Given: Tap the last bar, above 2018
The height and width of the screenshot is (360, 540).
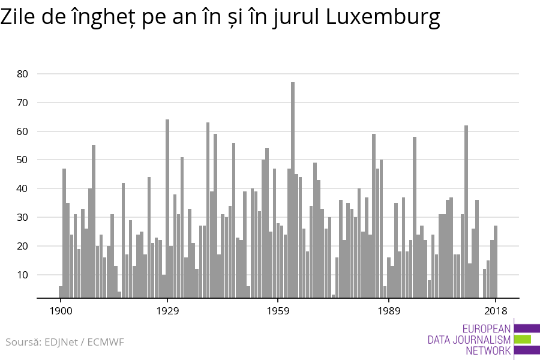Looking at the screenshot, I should tap(496, 262).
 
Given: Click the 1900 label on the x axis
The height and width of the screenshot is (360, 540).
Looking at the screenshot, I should tap(61, 311).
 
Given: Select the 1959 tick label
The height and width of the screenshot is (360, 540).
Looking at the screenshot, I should tap(278, 311).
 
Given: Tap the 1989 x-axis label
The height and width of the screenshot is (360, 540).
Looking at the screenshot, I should tap(389, 311).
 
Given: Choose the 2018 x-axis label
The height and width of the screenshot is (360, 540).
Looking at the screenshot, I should tap(496, 311).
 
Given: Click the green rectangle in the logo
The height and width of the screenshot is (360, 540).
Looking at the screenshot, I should tap(523, 339).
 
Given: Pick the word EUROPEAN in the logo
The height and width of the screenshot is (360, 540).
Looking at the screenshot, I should tap(487, 329).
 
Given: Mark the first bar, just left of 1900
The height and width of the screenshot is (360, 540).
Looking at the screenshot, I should tap(61, 292).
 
